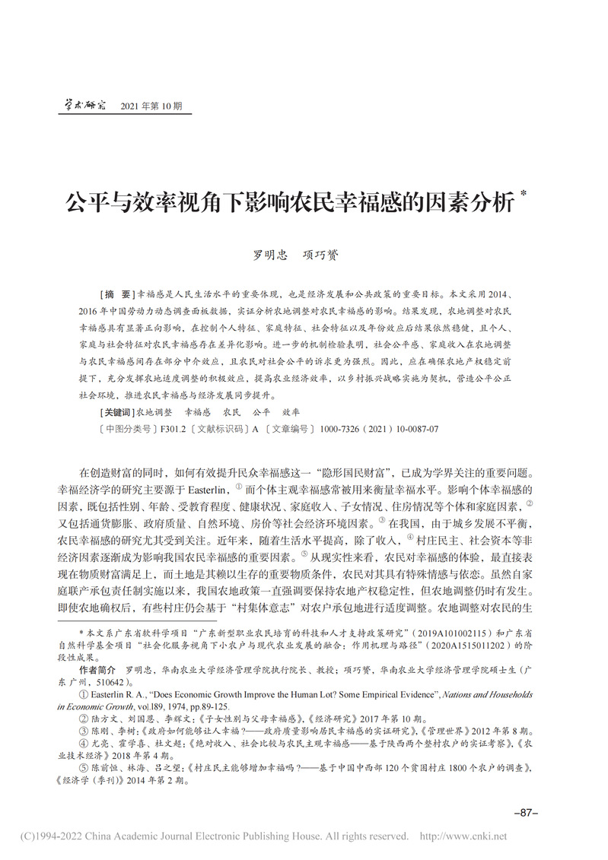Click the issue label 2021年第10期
click(x=151, y=107)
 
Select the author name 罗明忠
click(x=270, y=255)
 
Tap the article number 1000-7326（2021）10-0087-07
click(x=377, y=429)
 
